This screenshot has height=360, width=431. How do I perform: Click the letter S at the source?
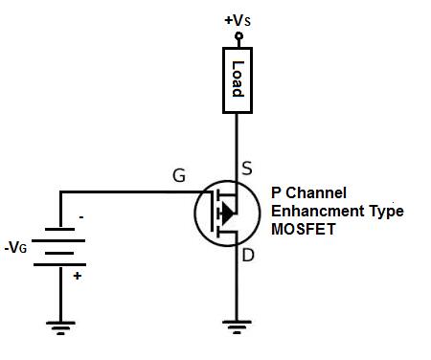tap(247, 169)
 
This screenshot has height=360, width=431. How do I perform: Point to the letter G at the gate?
tap(179, 175)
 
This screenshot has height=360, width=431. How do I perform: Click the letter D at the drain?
tap(248, 254)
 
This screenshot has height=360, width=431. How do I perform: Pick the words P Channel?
tap(308, 192)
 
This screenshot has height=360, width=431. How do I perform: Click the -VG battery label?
tap(17, 248)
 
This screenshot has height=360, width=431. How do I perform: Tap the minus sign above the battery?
tap(80, 217)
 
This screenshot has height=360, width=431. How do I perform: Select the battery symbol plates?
tap(59, 246)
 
